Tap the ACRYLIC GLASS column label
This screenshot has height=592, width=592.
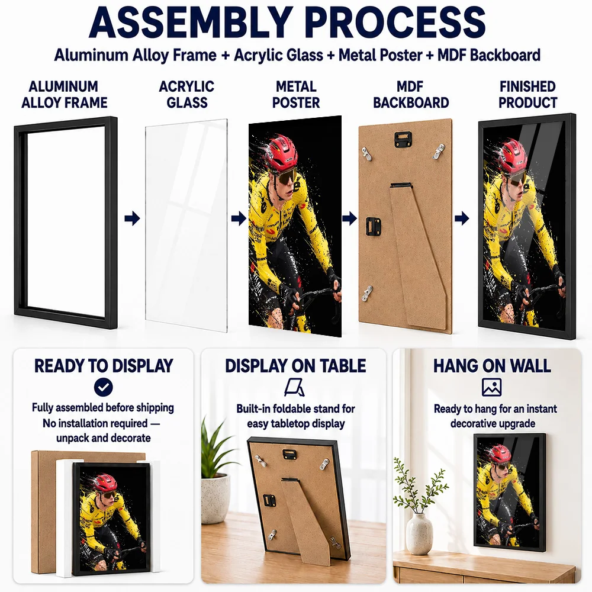186,94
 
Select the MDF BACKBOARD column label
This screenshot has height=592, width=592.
411,94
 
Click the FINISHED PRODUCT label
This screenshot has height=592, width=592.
527,94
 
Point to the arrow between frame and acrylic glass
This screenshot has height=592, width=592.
132,218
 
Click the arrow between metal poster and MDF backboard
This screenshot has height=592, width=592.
350,218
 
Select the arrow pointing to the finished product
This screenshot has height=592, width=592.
462,218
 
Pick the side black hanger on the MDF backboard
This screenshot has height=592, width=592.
374,226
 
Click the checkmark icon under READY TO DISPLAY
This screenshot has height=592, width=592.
104,387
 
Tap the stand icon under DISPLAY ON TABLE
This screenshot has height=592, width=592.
294,387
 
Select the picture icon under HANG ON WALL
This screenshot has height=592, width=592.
491,387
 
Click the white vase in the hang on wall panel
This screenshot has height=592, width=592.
420,533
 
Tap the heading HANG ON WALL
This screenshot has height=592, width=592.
492,366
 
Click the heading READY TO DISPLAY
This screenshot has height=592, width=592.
104,366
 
